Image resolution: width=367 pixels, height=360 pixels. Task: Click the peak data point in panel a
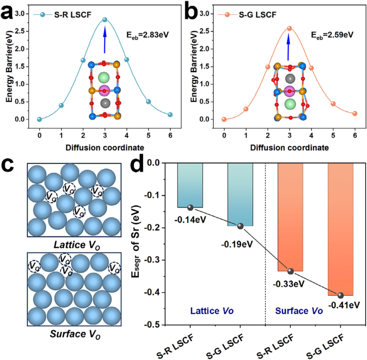point(105,20)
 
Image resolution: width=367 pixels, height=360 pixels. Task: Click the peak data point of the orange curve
point(290,28)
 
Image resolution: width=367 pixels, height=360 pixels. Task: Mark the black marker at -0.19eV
point(240,226)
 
